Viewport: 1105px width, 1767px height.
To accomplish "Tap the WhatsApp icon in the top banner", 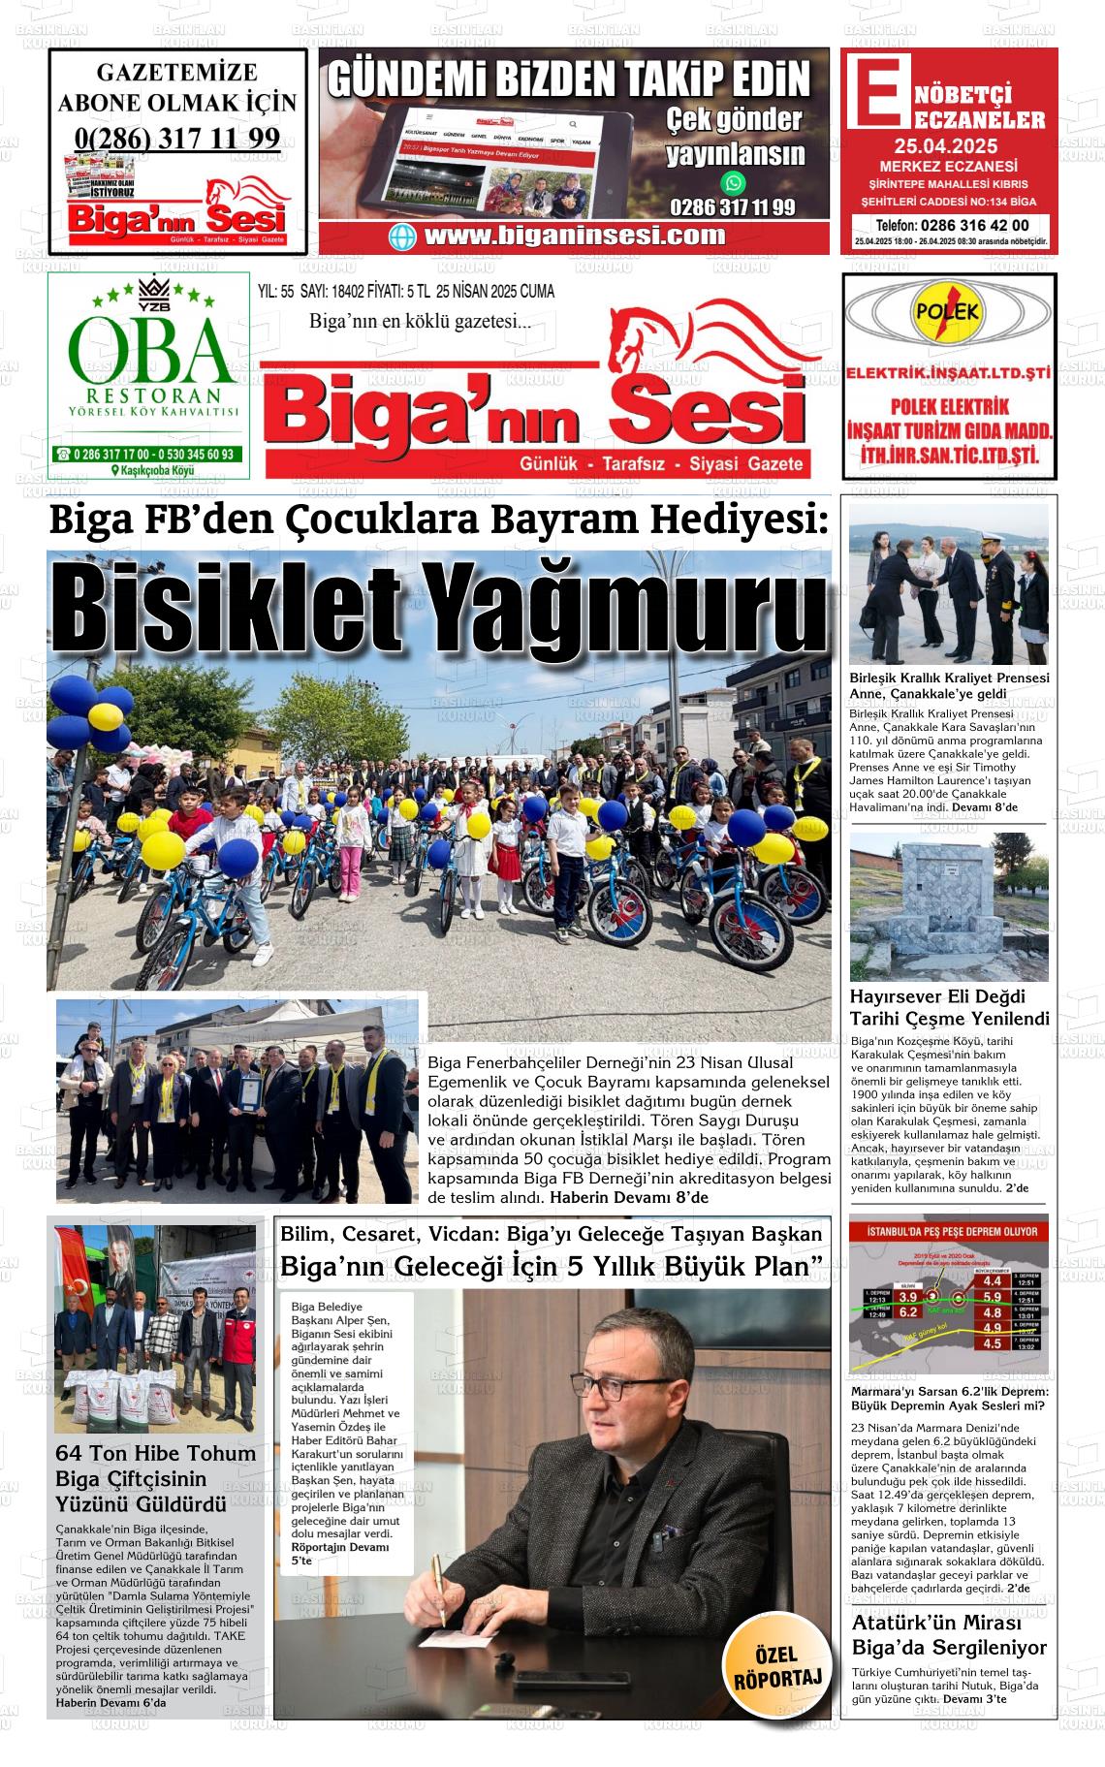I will (x=734, y=182).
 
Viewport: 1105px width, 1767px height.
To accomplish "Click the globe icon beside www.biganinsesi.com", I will (x=402, y=237).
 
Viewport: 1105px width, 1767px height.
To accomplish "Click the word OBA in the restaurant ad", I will (x=149, y=350).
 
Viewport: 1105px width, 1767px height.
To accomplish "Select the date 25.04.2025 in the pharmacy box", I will (x=945, y=147).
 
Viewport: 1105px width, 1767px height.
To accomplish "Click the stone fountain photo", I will (x=948, y=907).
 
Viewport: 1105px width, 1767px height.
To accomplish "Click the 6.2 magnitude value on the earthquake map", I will (x=907, y=1312).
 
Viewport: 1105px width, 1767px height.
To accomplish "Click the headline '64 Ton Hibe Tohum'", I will (x=156, y=1454).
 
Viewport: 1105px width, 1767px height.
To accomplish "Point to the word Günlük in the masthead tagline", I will (x=549, y=464).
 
